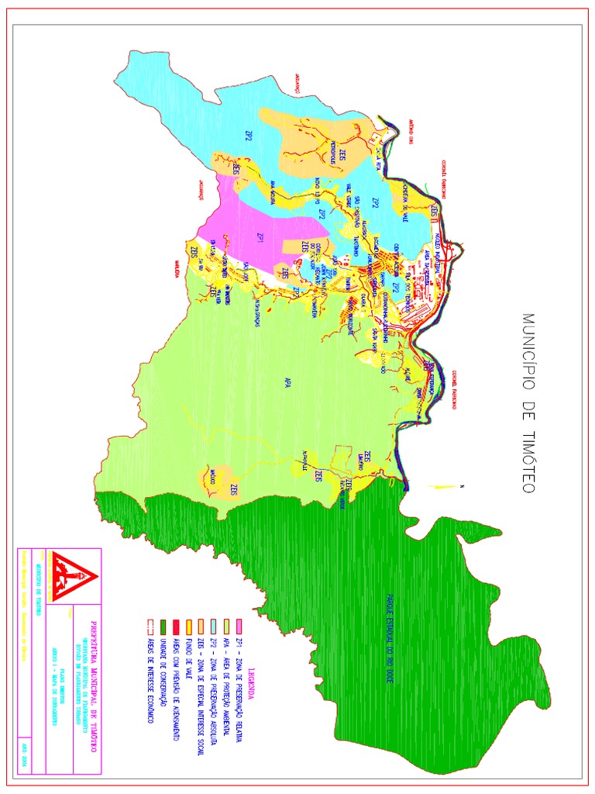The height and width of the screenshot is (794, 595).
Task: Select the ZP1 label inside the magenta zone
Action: coord(261,236)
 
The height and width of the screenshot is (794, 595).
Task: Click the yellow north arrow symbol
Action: coord(444,486)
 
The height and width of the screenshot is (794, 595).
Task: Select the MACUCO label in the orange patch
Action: coord(210,476)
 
